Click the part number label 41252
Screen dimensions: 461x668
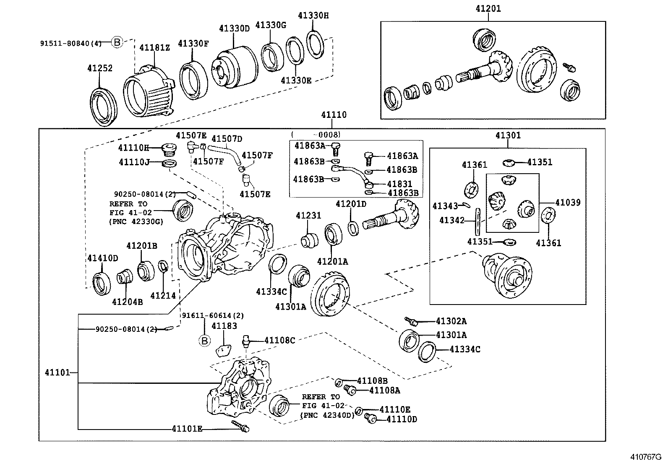[x=100, y=68]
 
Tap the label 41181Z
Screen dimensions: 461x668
[x=154, y=48]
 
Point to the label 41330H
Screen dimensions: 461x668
[x=313, y=16]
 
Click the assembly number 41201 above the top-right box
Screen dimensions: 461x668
[x=488, y=8]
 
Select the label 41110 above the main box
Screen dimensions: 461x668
[x=334, y=115]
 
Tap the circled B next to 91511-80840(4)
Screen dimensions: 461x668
[x=117, y=42]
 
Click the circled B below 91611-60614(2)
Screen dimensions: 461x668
[x=204, y=341]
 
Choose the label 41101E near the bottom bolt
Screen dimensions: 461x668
[x=187, y=428]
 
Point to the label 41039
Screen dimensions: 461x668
[x=567, y=203]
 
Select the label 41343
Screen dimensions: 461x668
[x=445, y=206]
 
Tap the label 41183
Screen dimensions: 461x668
[x=224, y=326]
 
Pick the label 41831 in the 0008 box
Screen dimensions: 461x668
[x=399, y=184]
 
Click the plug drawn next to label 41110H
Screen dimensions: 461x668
[x=168, y=149]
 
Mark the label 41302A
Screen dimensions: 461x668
[x=451, y=321]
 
